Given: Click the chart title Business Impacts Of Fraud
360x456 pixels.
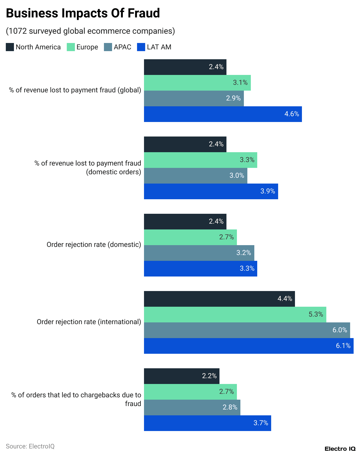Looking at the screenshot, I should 83,13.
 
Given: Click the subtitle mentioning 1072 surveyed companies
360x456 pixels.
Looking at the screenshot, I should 90,31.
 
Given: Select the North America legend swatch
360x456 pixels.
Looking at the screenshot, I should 10,47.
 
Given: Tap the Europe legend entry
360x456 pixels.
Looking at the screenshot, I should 82,47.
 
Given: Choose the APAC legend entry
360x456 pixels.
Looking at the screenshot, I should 118,47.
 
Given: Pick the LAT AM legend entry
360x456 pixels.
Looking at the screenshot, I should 154,47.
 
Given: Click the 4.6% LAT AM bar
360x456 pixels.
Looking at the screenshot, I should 223,114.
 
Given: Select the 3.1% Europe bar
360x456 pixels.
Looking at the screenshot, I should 197,83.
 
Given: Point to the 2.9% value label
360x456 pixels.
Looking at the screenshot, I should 233,98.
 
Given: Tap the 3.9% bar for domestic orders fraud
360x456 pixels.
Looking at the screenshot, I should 211,191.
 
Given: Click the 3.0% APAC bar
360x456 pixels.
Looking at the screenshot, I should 195,176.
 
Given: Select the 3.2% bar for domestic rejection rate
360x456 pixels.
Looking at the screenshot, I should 199,253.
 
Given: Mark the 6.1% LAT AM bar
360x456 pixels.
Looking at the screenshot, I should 249,346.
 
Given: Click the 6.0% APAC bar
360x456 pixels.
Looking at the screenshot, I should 247,330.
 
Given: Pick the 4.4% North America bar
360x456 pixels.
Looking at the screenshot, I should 219,299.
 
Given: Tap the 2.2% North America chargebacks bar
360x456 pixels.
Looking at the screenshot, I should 181,376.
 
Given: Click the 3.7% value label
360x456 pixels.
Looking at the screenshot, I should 261,423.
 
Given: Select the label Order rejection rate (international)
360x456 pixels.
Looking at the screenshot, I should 89,322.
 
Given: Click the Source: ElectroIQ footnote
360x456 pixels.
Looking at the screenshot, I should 30,446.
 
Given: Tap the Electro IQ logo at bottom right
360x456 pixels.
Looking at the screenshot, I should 340,449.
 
